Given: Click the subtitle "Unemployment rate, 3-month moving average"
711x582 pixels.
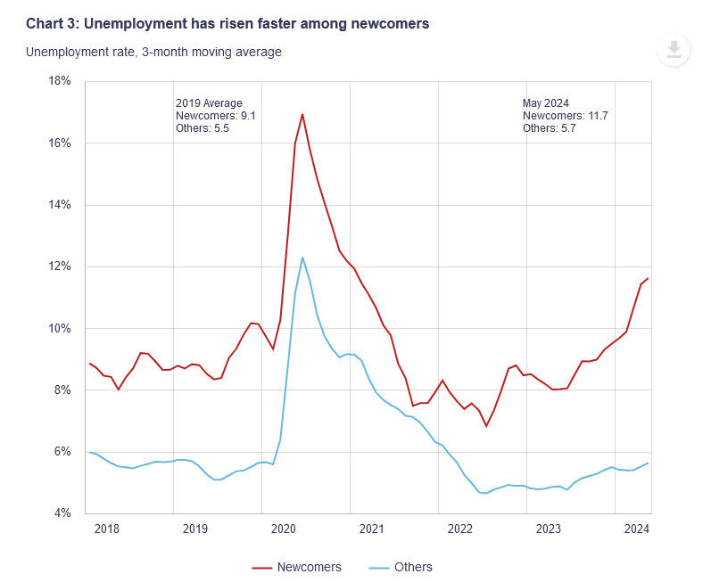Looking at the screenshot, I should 153,52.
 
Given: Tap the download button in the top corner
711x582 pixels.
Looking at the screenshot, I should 674,49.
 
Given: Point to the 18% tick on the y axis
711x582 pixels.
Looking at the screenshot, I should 59,81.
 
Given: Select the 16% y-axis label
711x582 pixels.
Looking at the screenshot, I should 59,143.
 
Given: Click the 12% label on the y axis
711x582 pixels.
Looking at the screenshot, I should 59,266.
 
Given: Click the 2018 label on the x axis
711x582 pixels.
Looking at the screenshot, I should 107,529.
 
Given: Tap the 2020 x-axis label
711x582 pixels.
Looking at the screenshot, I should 284,529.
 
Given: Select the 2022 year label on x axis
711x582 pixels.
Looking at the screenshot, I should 459,529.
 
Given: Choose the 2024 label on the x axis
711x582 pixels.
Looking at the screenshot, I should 636,529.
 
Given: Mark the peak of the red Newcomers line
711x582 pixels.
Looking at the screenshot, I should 302,114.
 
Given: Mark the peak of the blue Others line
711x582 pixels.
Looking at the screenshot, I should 302,257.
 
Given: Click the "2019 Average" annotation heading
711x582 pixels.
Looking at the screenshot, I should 209,103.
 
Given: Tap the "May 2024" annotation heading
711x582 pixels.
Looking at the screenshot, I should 545,103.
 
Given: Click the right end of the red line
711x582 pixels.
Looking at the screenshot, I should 648,279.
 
